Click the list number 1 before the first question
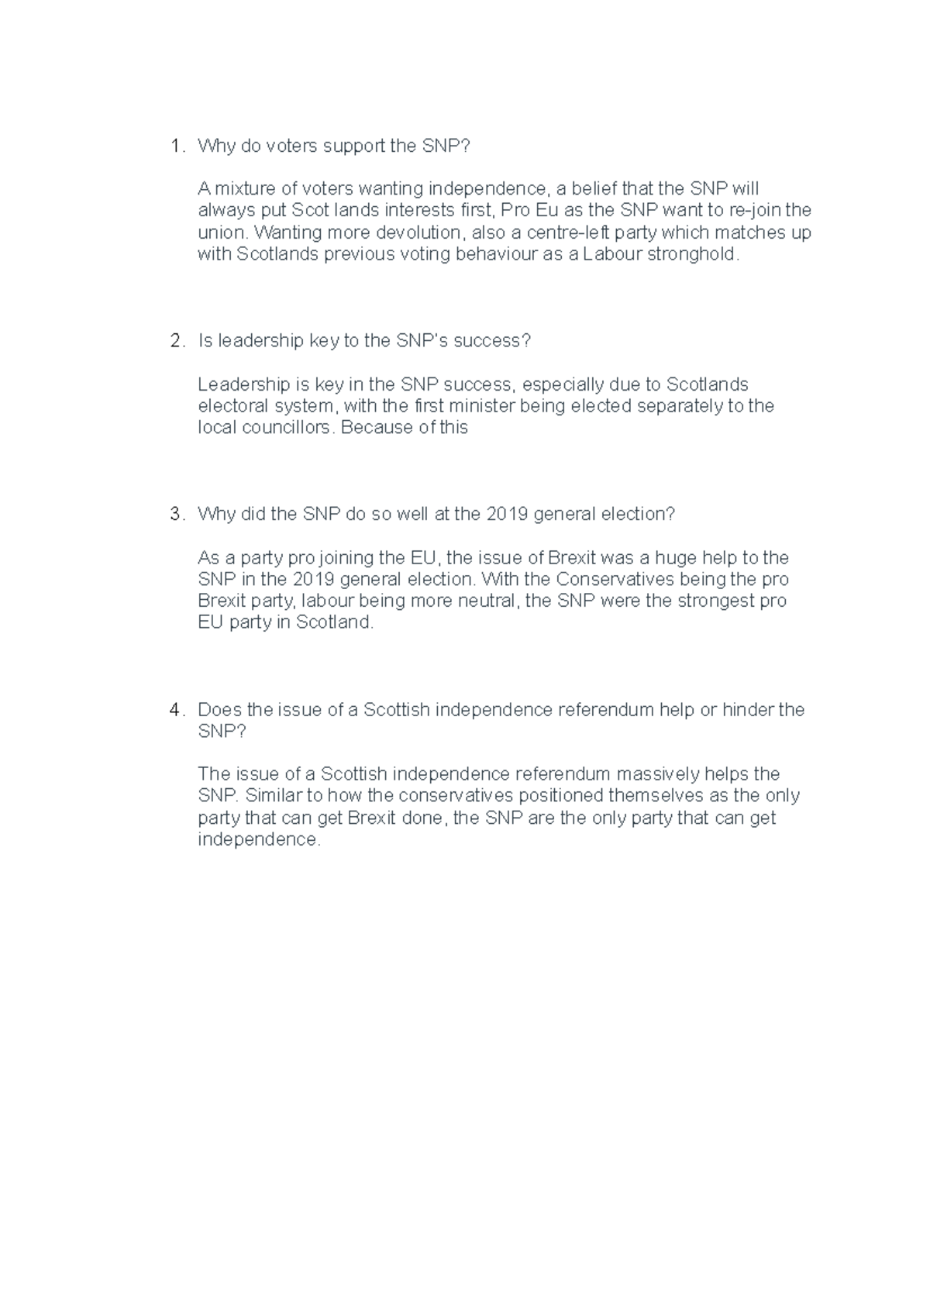coord(176,146)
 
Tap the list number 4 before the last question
coord(176,709)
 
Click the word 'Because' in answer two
coord(377,427)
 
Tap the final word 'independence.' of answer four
coord(259,839)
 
